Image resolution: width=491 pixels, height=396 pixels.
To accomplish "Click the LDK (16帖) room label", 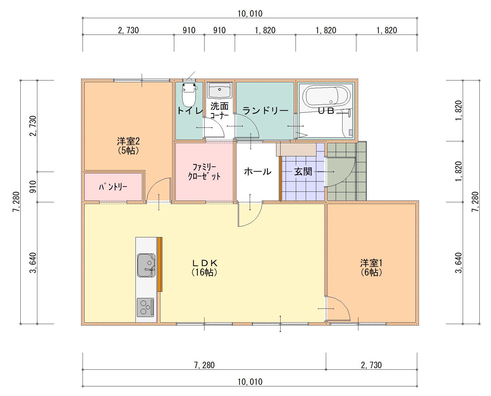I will (204, 267).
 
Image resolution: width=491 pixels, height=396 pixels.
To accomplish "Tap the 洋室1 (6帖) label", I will (371, 267).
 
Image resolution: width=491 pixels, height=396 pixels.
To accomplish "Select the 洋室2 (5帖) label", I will (128, 145).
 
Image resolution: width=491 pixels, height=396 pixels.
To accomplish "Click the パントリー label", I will (113, 187).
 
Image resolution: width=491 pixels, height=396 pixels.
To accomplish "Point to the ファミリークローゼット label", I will (204, 172).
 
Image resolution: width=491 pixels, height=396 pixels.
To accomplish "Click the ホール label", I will (257, 171).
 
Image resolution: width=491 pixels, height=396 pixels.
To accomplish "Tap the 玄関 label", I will (303, 171).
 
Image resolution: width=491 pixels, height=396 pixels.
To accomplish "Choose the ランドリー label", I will (265, 110).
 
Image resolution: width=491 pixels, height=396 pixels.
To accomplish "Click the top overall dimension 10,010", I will (250, 13).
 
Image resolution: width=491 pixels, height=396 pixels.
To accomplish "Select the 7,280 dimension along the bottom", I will (204, 365).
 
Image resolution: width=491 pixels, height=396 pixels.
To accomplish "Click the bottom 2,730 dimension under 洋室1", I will (371, 365).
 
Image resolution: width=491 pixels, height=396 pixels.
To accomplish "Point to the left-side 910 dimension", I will (33, 187).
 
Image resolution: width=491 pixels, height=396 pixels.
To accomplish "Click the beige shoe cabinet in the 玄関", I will (296, 149).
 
